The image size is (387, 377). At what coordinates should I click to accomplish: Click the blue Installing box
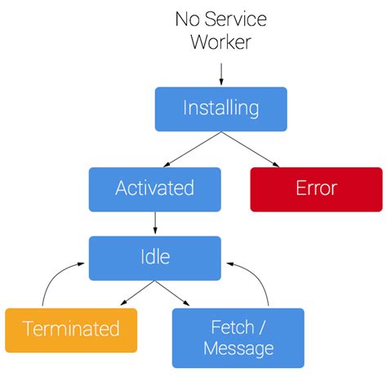pyautogui.click(x=220, y=109)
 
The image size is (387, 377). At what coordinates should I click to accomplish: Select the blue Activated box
pyautogui.click(x=154, y=188)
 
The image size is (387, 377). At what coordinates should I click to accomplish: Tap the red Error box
pyautogui.click(x=316, y=188)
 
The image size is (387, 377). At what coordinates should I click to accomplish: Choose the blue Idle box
pyautogui.click(x=154, y=257)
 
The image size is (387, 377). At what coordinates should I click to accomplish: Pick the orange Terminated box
pyautogui.click(x=71, y=330)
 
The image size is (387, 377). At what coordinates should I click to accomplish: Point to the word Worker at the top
pyautogui.click(x=220, y=42)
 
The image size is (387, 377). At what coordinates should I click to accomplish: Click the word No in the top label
pyautogui.click(x=186, y=19)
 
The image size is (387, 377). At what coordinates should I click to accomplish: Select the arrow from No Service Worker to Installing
pyautogui.click(x=220, y=72)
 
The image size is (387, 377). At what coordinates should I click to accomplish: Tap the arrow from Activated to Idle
pyautogui.click(x=154, y=223)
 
